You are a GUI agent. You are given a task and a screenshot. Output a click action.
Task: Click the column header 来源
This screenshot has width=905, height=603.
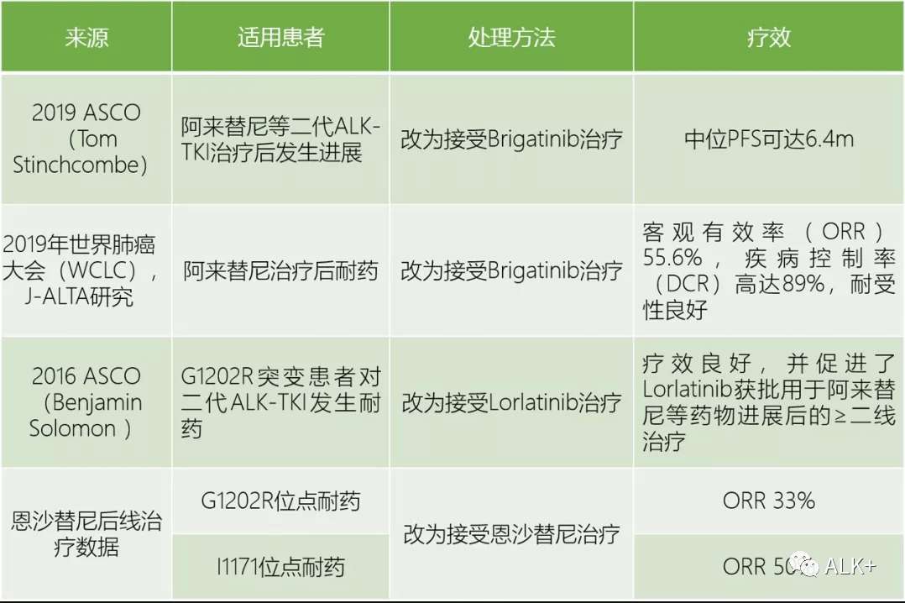86,38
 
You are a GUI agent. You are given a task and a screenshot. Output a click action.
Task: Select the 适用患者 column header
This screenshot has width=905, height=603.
280,38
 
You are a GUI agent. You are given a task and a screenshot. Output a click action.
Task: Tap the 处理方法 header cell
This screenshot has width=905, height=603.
511,38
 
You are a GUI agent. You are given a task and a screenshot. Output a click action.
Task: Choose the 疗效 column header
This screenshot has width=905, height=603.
768,38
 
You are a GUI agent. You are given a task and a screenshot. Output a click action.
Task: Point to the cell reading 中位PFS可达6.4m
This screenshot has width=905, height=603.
768,139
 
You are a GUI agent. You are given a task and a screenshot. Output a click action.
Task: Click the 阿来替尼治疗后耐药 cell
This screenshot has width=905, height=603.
280,270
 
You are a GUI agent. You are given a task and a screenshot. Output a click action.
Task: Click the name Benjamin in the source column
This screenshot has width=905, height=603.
86,402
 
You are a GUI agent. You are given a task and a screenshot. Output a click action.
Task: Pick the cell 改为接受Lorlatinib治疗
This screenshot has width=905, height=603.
511,402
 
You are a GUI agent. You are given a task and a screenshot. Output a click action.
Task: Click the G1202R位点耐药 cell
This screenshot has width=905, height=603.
280,501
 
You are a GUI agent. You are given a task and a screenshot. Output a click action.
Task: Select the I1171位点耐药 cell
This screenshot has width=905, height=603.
280,567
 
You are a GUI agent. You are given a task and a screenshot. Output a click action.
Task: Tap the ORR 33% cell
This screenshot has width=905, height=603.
768,501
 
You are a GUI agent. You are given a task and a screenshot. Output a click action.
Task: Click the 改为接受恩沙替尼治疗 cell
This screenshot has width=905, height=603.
511,534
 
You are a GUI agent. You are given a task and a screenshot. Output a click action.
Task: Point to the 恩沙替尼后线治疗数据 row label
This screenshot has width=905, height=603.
86,534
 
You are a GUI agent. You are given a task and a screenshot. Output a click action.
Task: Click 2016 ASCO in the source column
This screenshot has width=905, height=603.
86,376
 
